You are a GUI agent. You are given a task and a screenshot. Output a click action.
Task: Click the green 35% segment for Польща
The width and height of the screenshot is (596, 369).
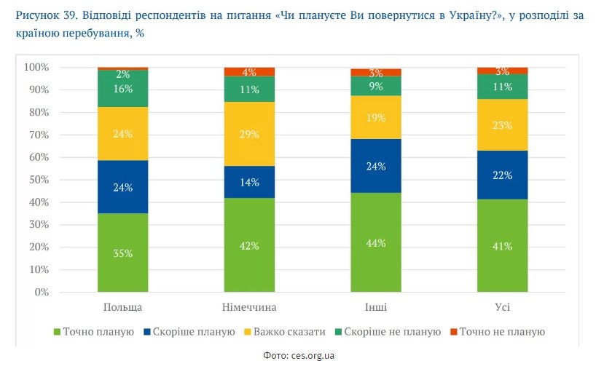[122, 253]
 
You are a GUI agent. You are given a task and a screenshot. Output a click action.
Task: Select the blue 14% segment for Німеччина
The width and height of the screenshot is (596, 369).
[249, 182]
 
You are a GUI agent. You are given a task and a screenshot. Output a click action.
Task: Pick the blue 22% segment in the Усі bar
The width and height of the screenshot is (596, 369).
[502, 175]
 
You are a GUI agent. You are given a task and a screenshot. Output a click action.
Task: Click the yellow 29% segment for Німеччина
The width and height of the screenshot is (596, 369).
[249, 133]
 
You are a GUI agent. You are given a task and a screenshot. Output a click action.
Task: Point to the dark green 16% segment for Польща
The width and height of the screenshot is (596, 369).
[122, 89]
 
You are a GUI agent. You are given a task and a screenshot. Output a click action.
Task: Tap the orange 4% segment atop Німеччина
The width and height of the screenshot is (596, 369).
[249, 71]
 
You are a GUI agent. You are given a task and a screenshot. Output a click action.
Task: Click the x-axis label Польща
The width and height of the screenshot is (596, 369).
[122, 306]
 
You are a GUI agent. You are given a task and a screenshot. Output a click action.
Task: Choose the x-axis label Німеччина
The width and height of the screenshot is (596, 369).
[249, 306]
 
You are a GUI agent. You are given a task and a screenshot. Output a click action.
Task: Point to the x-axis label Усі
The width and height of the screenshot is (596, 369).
[502, 306]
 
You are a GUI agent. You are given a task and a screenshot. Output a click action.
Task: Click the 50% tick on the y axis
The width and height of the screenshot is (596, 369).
[36, 180]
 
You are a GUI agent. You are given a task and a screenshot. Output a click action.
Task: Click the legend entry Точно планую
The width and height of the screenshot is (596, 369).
[93, 332]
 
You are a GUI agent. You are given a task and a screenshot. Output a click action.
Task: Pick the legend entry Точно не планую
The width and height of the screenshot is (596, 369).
[503, 332]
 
